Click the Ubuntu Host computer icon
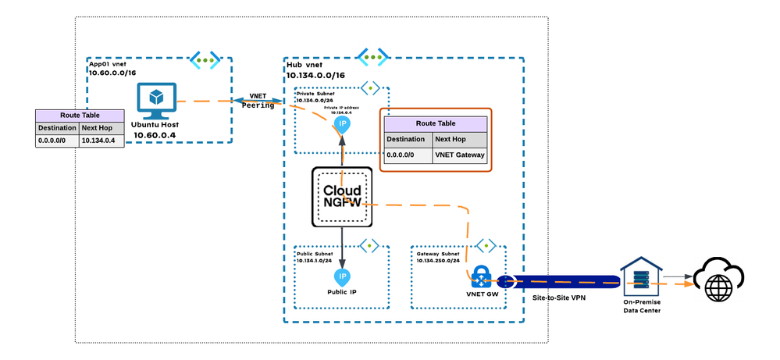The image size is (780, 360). point(157,101)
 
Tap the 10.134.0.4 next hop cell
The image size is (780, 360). point(102,141)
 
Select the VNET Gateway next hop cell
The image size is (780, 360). point(460,155)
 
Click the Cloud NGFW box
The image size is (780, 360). point(342,197)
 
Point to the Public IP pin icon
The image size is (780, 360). point(342,277)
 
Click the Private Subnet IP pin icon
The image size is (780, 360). point(342,125)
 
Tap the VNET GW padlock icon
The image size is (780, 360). point(481,276)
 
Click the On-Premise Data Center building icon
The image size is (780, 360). point(641,276)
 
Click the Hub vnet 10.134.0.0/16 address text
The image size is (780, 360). point(315,75)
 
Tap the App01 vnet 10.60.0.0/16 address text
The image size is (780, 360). point(112,73)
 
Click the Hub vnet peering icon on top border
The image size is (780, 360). point(372,57)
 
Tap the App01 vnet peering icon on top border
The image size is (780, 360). point(205,60)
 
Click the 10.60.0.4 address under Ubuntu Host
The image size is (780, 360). point(155,135)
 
